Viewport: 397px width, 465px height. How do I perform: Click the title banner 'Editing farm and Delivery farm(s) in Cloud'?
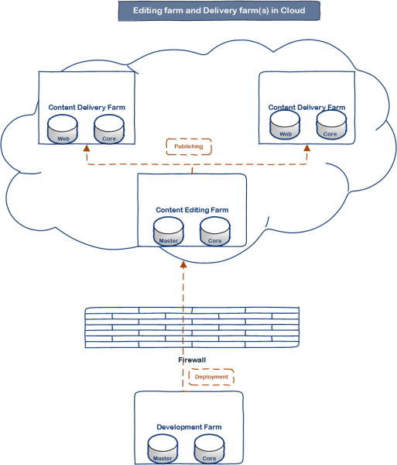click(x=219, y=11)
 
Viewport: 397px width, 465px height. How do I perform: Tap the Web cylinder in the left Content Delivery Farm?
click(x=63, y=129)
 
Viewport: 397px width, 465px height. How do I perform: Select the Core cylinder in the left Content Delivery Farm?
click(x=109, y=129)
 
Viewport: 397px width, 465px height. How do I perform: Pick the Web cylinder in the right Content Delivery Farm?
click(x=285, y=125)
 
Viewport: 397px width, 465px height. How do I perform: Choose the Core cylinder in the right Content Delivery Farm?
click(x=331, y=125)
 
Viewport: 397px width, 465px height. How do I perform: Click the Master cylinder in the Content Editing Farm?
click(x=169, y=232)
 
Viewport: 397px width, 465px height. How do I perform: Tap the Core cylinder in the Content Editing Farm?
click(x=215, y=232)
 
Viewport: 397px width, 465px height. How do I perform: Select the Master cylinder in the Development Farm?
click(x=163, y=449)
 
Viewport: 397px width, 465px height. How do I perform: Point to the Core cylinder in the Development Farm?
click(x=209, y=449)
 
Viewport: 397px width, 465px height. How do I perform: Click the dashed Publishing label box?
click(x=189, y=146)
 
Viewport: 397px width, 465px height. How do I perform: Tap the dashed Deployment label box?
click(x=211, y=377)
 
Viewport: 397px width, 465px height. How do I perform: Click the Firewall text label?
click(x=192, y=360)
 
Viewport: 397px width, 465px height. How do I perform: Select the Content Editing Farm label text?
click(x=192, y=210)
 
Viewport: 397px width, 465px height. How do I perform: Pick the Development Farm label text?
click(x=189, y=427)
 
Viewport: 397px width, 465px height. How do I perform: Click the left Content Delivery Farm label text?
click(x=87, y=108)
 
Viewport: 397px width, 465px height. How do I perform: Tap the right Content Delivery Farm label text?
click(x=306, y=108)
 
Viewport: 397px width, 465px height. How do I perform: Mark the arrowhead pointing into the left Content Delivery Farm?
click(x=87, y=148)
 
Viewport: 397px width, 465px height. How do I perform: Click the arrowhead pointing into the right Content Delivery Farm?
click(x=307, y=148)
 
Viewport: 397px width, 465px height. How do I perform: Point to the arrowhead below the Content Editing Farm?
click(x=183, y=264)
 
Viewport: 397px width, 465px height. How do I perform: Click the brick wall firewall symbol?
click(x=192, y=327)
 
